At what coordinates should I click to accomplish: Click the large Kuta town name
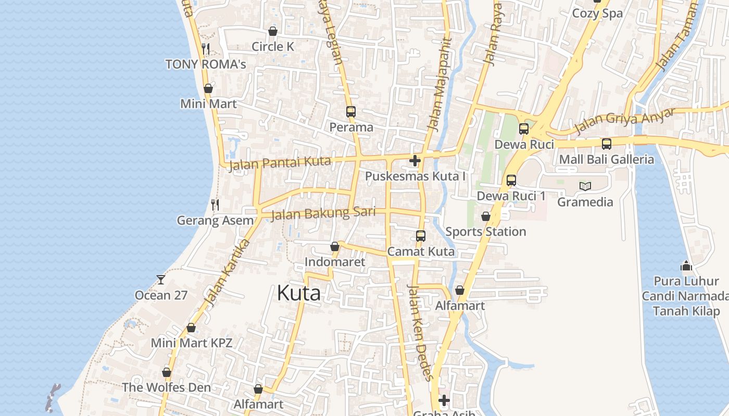299,293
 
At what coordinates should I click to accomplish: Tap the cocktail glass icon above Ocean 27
161,280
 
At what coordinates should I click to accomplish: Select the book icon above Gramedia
585,186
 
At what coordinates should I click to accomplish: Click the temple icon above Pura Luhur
686,266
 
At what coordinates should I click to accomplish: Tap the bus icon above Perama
350,112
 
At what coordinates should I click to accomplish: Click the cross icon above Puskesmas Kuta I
415,161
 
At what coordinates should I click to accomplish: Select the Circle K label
273,47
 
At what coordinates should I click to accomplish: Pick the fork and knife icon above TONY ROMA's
206,49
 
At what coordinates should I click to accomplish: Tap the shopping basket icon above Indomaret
335,246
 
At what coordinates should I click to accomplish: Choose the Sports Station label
485,232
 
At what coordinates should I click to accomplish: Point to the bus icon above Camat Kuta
421,236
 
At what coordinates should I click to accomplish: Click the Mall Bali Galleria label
606,160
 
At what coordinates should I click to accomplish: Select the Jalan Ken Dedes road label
419,333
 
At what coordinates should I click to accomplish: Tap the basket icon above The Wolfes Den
167,372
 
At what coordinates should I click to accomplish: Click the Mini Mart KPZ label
191,343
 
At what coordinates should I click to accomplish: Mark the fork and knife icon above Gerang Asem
215,205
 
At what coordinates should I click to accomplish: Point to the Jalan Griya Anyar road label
624,121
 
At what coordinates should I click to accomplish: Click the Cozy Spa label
597,14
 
